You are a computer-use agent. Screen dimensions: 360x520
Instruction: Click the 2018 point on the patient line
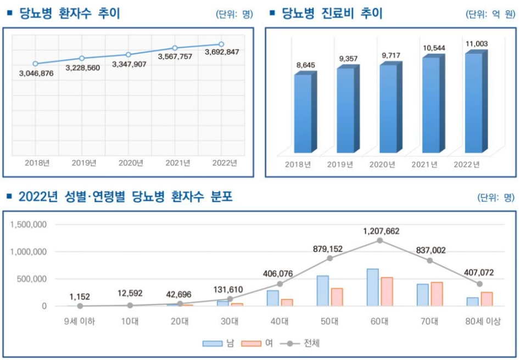coord(35,64)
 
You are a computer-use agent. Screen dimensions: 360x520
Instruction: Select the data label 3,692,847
coord(222,52)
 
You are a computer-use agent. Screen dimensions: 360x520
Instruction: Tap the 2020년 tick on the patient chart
coord(131,162)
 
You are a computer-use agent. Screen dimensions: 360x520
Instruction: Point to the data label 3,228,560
coord(82,68)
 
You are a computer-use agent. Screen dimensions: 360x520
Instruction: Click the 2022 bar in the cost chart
coord(473,103)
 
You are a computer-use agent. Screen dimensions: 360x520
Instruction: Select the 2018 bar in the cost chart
coord(303,114)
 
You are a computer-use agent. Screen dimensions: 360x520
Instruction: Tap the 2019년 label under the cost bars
coord(340,164)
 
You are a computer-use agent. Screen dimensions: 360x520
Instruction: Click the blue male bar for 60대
coord(373,287)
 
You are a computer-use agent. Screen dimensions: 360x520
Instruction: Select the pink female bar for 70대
coord(437,294)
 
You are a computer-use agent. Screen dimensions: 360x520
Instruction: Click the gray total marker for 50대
coord(330,258)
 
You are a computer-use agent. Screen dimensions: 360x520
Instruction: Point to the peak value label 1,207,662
coord(381,231)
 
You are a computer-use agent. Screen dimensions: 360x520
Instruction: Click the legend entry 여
coord(261,344)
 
